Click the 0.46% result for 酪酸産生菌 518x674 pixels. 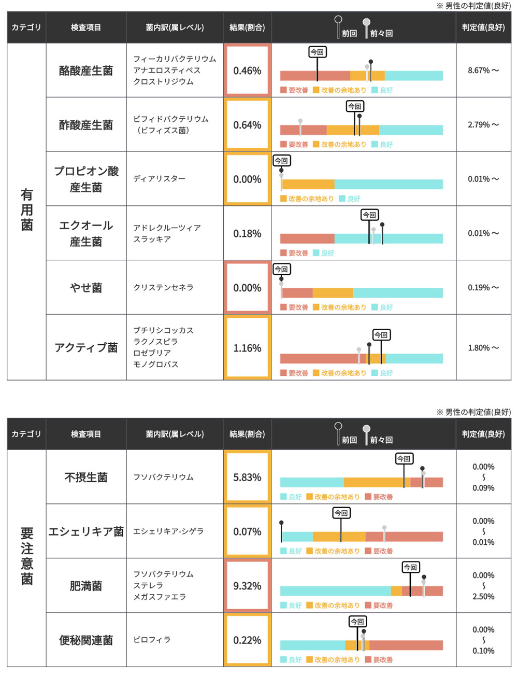coord(247,71)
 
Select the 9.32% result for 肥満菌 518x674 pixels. coord(247,586)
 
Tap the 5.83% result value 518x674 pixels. coord(247,478)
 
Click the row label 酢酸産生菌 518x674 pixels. coord(86,125)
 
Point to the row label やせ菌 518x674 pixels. coord(86,288)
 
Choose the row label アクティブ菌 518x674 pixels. coord(86,347)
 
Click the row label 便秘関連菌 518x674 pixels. coord(86,640)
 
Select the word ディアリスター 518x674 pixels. coord(159,179)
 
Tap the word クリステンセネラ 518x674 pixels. coord(163,288)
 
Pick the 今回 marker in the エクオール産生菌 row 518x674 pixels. coord(369,215)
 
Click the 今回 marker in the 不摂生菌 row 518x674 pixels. coord(404,459)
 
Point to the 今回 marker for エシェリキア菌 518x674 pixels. coord(341,513)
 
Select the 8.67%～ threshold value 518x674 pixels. coord(483,71)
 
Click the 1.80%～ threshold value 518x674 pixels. coord(483,348)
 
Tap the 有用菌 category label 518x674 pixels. coord(26,210)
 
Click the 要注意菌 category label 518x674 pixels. coord(26,556)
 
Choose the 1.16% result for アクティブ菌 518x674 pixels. coord(247,348)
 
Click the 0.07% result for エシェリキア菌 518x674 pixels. coord(247,531)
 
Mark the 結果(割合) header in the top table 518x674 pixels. coord(247,27)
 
